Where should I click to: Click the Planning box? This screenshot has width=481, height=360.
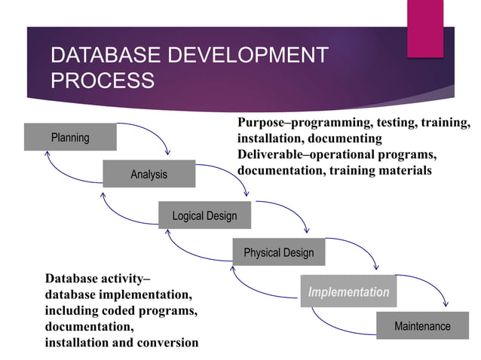click(x=70, y=137)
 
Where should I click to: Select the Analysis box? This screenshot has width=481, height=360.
click(x=149, y=174)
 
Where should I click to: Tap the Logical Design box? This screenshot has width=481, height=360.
click(x=204, y=215)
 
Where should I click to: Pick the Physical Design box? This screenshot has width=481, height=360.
click(x=278, y=252)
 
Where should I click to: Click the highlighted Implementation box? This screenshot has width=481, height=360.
click(x=348, y=292)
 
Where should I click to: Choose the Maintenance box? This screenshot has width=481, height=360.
click(x=422, y=326)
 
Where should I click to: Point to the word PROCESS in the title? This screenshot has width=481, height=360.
click(x=102, y=81)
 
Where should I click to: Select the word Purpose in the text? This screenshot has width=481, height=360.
click(x=262, y=123)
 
